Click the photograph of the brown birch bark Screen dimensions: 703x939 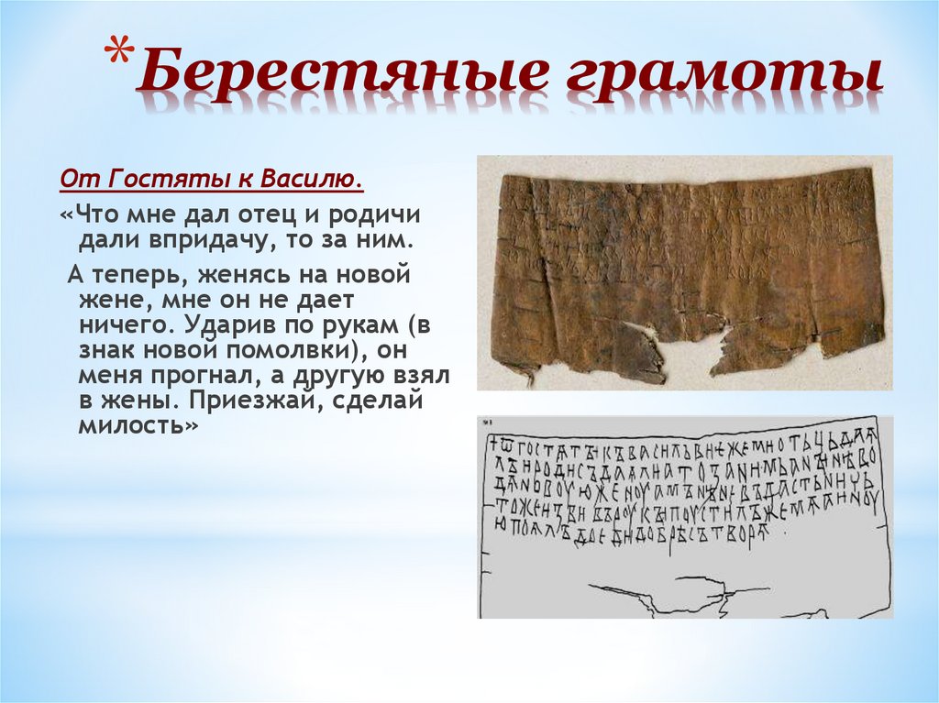[x=683, y=271]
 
